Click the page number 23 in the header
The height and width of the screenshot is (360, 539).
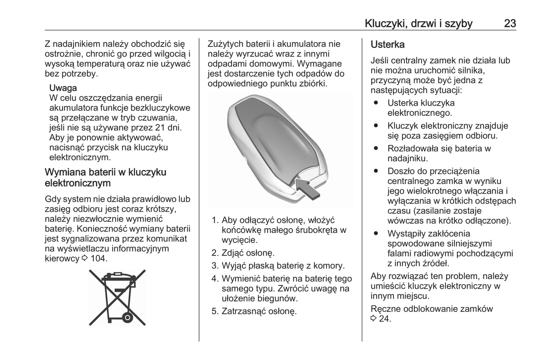coord(510,23)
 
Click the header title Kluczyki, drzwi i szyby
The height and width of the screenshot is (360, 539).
coord(418,23)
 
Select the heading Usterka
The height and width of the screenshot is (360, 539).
coord(387,44)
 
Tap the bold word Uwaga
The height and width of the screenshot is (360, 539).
coord(63,88)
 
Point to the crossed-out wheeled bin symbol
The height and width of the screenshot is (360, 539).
coord(117,297)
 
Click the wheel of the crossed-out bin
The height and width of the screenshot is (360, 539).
coord(127,318)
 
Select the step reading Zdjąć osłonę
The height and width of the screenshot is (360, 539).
coord(248,253)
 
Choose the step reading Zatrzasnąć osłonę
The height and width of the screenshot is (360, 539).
coord(259,311)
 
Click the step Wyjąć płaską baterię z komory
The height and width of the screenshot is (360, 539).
coord(283,266)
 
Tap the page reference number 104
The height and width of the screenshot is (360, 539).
coord(98,259)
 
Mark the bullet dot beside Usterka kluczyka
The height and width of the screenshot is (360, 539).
coord(376,103)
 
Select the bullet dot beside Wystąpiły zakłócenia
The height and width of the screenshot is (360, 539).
coord(376,234)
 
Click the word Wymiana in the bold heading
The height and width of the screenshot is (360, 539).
coord(64,172)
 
